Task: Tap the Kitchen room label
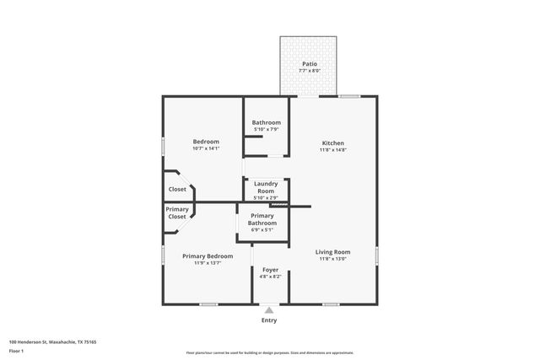pos(332,143)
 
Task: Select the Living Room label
pos(333,251)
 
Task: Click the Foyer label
pos(271,270)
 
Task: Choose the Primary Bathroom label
pos(262,219)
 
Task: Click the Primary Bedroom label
pos(208,255)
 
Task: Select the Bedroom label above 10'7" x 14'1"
pos(206,142)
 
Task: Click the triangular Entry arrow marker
pos(269,310)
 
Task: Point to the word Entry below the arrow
pos(269,320)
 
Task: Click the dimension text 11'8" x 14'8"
pos(332,150)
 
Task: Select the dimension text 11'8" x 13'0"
pos(333,259)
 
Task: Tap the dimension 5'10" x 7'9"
pos(266,129)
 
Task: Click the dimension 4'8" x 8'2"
pos(271,277)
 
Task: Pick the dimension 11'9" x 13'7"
pos(208,262)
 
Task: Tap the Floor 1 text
pos(17,350)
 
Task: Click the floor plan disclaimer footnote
pos(269,352)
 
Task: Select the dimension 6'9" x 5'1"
pos(262,230)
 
